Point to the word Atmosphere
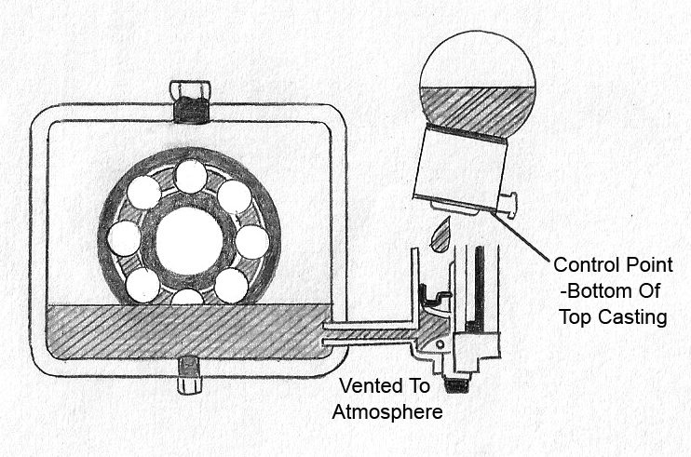(x=386, y=410)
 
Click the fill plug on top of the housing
(x=190, y=102)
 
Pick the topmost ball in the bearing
(x=190, y=176)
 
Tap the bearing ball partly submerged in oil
(x=188, y=298)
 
